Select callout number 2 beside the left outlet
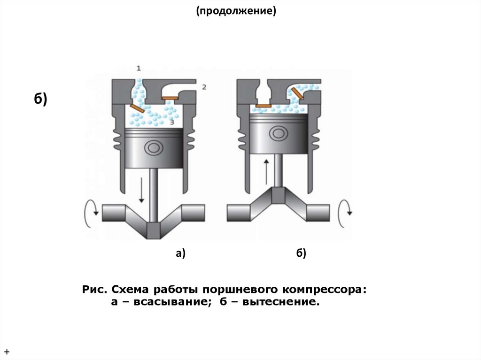204,87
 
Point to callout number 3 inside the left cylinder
172,122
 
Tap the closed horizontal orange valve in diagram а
169,99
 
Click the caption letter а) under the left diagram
181,254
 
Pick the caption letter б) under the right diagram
301,254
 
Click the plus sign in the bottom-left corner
8,352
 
